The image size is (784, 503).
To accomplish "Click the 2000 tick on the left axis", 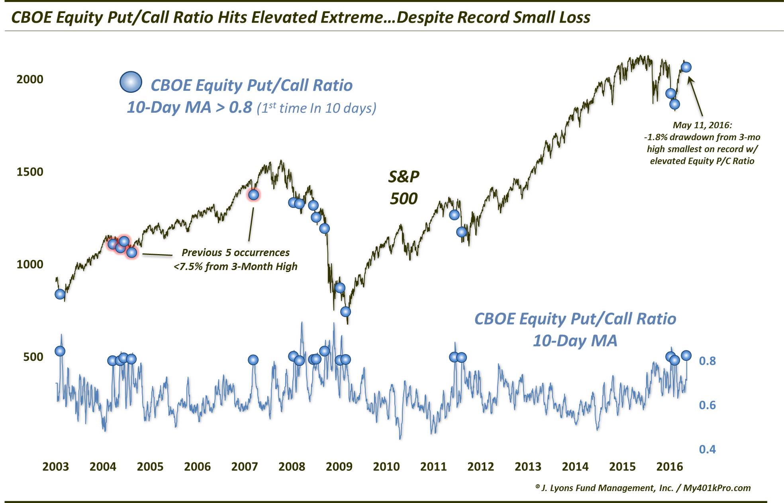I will pyautogui.click(x=29, y=79).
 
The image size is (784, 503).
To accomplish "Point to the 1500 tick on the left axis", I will pyautogui.click(x=29, y=172).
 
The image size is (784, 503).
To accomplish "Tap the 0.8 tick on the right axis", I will pyautogui.click(x=707, y=361).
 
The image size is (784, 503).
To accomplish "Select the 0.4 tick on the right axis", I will pyautogui.click(x=707, y=449).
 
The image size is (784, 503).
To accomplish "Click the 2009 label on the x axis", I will pyautogui.click(x=339, y=466).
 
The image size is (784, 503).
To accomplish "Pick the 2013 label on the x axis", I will pyautogui.click(x=528, y=466).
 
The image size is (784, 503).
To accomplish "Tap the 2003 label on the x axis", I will pyautogui.click(x=56, y=466).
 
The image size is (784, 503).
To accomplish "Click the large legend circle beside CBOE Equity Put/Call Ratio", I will pyautogui.click(x=131, y=82).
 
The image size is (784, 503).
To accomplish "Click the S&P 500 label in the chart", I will pyautogui.click(x=404, y=187).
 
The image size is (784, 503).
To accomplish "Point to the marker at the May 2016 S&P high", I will pyautogui.click(x=686, y=67).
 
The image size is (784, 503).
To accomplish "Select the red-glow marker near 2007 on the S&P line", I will pyautogui.click(x=253, y=195).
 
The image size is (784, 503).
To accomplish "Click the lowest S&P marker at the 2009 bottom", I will pyautogui.click(x=345, y=311).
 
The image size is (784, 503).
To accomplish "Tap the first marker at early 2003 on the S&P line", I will pyautogui.click(x=60, y=294).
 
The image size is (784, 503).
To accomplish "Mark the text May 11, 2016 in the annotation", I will pyautogui.click(x=702, y=125).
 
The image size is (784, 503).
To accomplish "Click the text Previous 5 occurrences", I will pyautogui.click(x=235, y=252).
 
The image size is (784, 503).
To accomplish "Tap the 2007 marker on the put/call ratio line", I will pyautogui.click(x=253, y=360).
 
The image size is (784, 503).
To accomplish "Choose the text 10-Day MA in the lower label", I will pyautogui.click(x=575, y=341).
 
